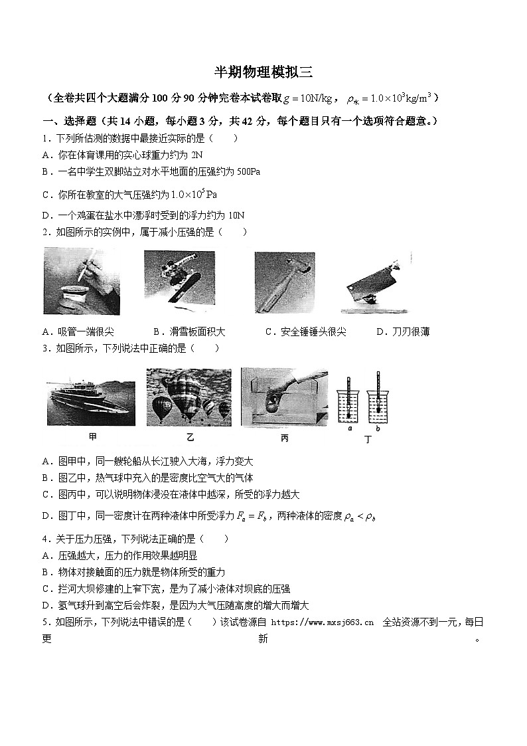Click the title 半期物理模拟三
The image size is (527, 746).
click(263, 72)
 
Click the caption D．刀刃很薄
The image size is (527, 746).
click(402, 331)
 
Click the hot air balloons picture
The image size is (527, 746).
click(189, 397)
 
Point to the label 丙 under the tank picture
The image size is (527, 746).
click(284, 437)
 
